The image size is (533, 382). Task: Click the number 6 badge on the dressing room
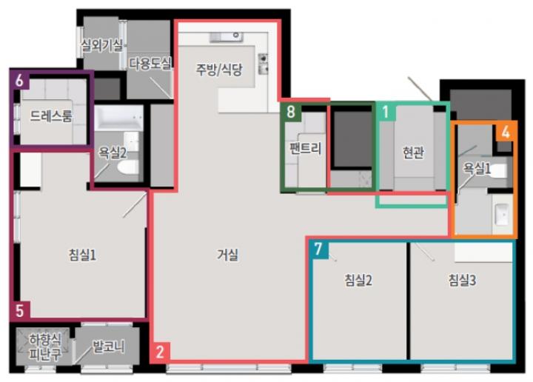(19, 81)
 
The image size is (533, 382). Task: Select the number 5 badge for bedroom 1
(20, 310)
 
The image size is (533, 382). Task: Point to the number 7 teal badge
(318, 249)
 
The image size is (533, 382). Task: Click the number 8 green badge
(291, 112)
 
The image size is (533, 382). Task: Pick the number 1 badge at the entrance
(386, 112)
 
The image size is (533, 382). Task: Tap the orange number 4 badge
(505, 132)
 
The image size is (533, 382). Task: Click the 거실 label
(227, 255)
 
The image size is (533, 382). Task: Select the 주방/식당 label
(219, 70)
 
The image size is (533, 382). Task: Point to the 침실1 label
(83, 255)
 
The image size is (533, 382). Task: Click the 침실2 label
(358, 281)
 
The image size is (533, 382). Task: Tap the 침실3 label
(462, 281)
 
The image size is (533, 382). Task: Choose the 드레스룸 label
(51, 116)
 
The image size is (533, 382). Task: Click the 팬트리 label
(305, 148)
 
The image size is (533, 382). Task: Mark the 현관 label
(413, 153)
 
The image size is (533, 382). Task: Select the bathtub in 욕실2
(118, 118)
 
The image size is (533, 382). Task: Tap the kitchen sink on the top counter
(227, 36)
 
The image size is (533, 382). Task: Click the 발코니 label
(108, 347)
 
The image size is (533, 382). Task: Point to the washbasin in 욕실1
(502, 214)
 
